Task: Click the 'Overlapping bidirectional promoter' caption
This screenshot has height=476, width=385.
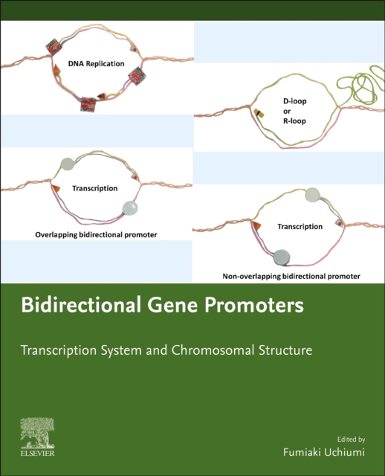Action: tap(97, 234)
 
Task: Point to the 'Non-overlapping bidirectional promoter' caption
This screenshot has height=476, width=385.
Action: tap(291, 276)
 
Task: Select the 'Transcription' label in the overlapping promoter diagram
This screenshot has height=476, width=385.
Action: tap(95, 189)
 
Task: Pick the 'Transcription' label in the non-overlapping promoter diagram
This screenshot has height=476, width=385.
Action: tap(300, 226)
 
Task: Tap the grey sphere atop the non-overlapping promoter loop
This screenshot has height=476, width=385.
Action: tap(314, 196)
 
